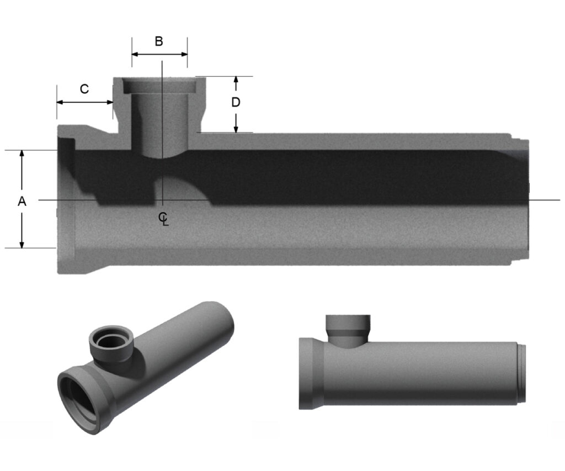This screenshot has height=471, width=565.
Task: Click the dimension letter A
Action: point(22,202)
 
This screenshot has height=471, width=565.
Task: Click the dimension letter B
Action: point(159,41)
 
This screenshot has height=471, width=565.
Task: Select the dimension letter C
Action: point(84,89)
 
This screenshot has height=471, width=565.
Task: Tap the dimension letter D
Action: point(236,103)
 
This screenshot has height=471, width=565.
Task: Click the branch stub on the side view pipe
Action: point(348,330)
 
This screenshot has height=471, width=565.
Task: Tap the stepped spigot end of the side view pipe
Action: point(521,373)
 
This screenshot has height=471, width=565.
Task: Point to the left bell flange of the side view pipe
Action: point(306,373)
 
